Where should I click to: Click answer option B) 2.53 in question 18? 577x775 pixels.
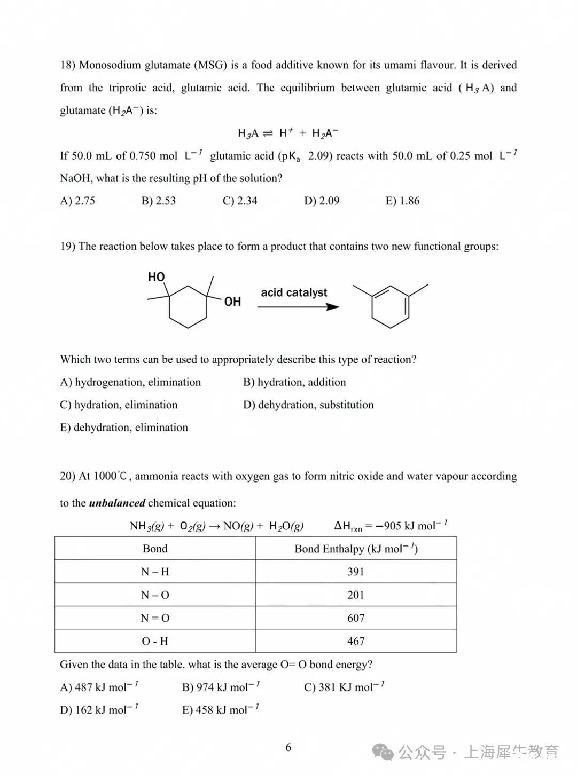pyautogui.click(x=159, y=201)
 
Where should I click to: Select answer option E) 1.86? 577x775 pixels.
pyautogui.click(x=402, y=201)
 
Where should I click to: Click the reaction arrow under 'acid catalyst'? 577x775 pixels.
pyautogui.click(x=298, y=307)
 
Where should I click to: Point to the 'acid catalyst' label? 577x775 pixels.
pyautogui.click(x=294, y=292)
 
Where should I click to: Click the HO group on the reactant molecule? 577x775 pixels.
pyautogui.click(x=157, y=277)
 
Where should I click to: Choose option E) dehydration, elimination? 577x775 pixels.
pyautogui.click(x=124, y=428)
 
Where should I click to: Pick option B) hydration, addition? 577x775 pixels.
pyautogui.click(x=294, y=382)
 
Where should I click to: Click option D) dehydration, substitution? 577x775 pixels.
pyautogui.click(x=308, y=405)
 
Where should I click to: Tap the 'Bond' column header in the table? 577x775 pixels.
pyautogui.click(x=155, y=549)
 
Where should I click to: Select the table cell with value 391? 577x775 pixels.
pyautogui.click(x=356, y=572)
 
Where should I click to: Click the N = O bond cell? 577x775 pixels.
pyautogui.click(x=155, y=618)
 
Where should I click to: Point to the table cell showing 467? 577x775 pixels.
pyautogui.click(x=356, y=641)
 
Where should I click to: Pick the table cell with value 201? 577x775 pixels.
pyautogui.click(x=356, y=595)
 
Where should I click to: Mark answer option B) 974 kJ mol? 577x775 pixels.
pyautogui.click(x=221, y=687)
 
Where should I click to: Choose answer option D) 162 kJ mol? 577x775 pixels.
pyautogui.click(x=99, y=710)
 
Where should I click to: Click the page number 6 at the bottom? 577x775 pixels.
pyautogui.click(x=288, y=747)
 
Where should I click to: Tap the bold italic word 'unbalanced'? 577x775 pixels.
pyautogui.click(x=117, y=503)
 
